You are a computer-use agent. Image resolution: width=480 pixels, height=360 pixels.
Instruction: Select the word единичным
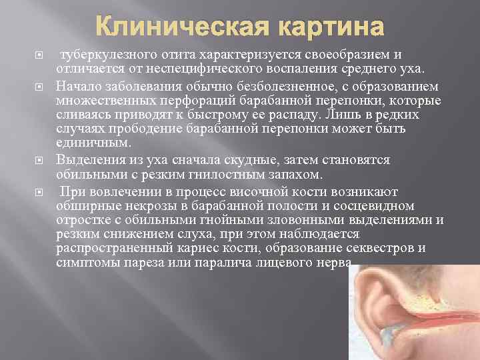[93, 142]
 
